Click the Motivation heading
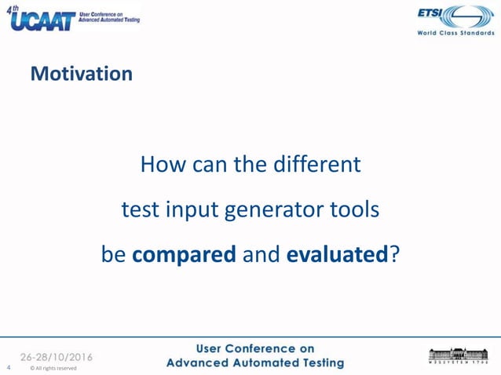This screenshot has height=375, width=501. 81,75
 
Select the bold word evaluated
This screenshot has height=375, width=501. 338,255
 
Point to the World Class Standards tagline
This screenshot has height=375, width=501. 455,34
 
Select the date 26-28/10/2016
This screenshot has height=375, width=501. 56,357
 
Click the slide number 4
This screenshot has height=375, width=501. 8,367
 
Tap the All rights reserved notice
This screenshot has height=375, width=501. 53,368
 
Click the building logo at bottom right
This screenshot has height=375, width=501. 457,355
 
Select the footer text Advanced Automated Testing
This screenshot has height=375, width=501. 255,363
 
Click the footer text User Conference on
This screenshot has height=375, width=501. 255,348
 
